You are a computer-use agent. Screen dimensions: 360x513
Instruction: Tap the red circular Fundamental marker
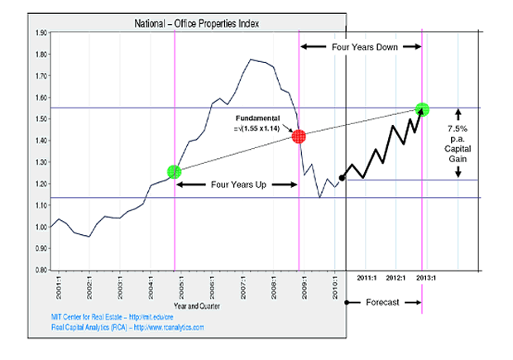(300, 136)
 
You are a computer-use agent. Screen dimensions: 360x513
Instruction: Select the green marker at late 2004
(174, 171)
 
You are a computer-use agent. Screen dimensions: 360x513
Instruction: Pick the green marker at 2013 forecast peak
(423, 108)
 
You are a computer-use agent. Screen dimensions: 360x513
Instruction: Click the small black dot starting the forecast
(343, 177)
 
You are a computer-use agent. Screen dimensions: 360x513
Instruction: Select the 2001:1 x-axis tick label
(57, 290)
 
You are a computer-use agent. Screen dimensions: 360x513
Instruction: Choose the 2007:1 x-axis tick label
(243, 290)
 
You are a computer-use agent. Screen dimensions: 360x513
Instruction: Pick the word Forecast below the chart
(382, 303)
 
